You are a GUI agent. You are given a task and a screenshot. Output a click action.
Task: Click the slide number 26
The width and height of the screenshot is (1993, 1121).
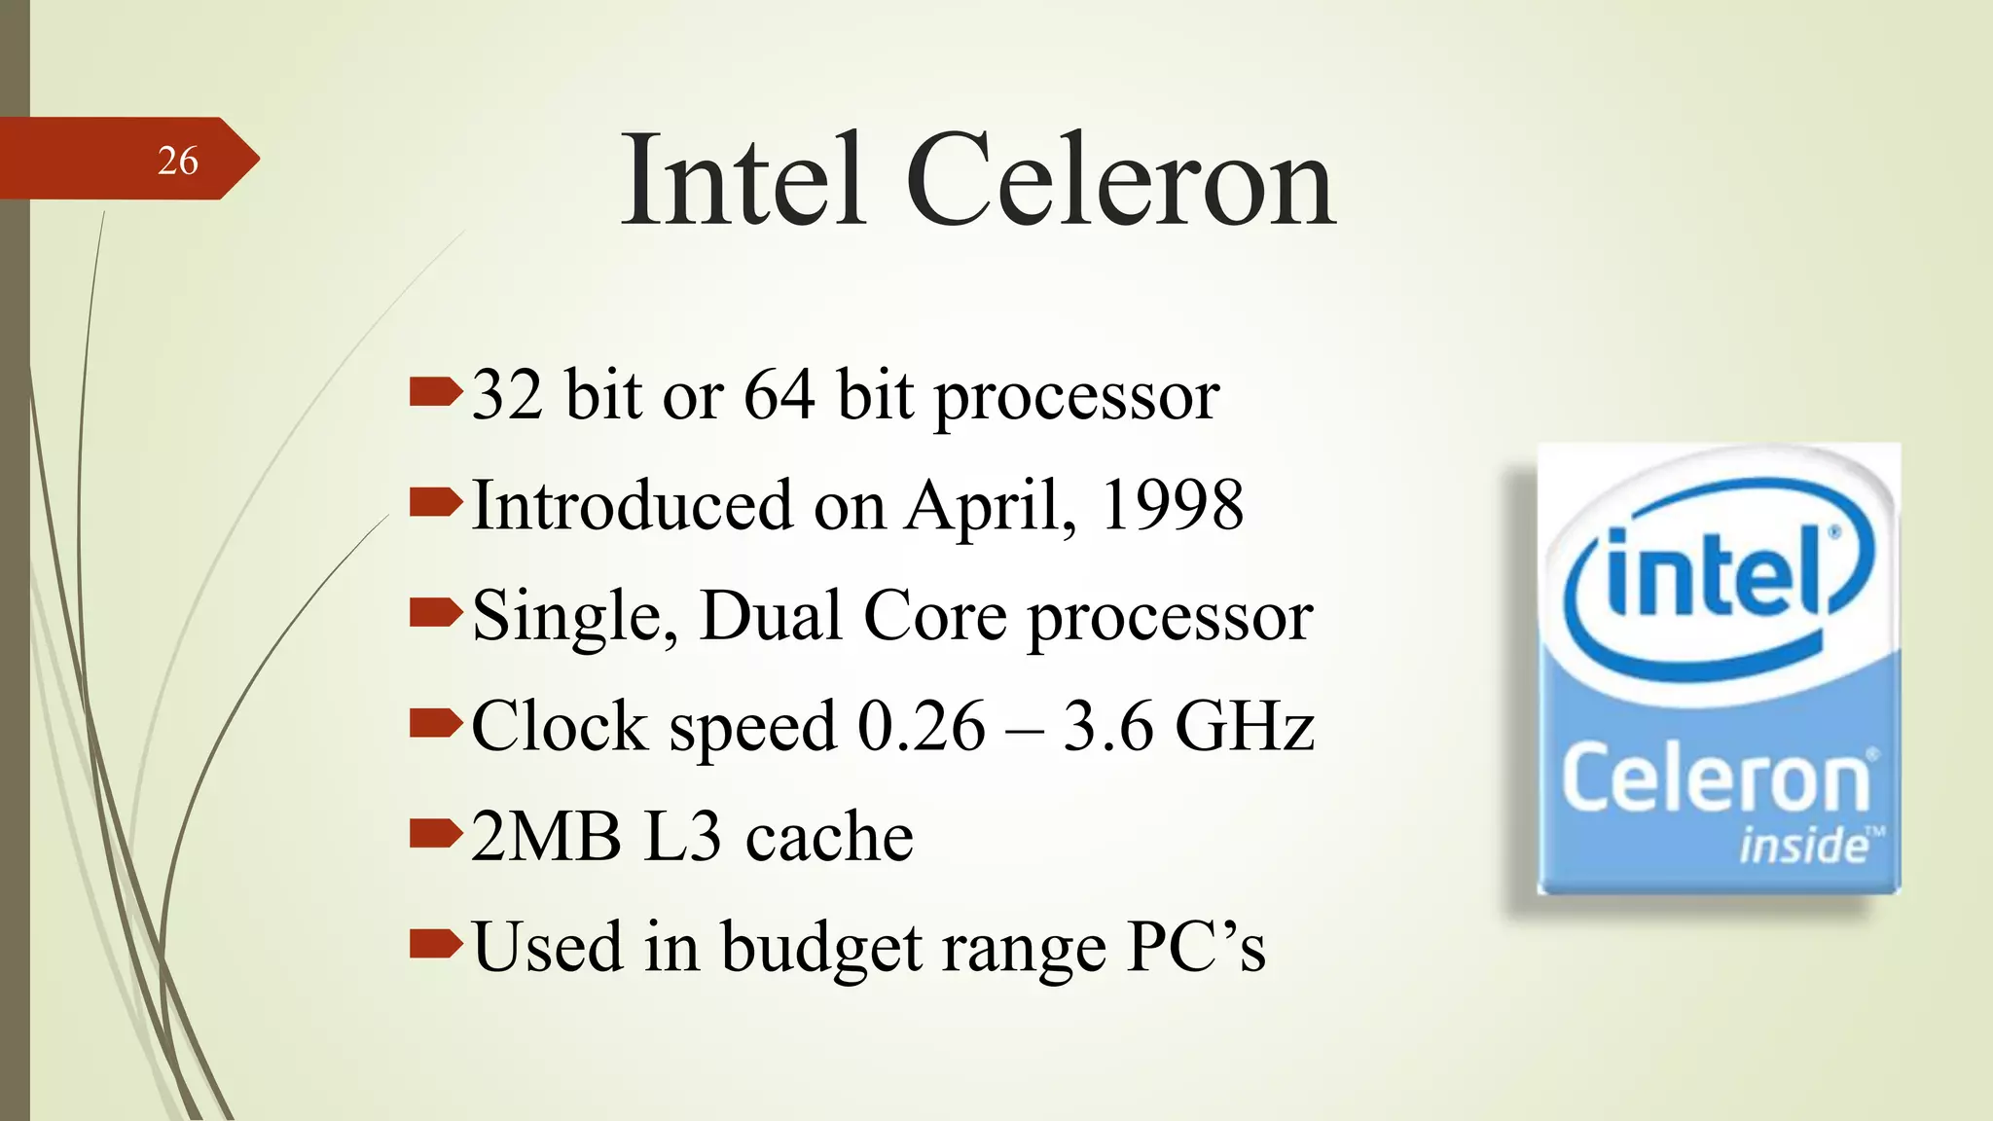pyautogui.click(x=177, y=161)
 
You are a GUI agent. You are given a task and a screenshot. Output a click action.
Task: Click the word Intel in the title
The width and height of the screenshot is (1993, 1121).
pyautogui.click(x=743, y=181)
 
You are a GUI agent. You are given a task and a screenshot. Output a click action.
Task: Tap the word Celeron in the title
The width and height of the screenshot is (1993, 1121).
pyautogui.click(x=1120, y=181)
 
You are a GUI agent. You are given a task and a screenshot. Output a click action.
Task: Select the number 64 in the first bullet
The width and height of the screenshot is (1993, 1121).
pyautogui.click(x=779, y=395)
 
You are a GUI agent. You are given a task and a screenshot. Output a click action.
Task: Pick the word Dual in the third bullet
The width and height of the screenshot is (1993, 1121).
pyautogui.click(x=771, y=616)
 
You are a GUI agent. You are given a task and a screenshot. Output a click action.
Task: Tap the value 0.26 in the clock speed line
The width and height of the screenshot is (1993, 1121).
pyautogui.click(x=921, y=726)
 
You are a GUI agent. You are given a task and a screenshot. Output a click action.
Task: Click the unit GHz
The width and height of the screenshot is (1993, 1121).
pyautogui.click(x=1245, y=726)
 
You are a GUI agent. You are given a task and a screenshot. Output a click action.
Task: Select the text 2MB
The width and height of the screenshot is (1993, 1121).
pyautogui.click(x=546, y=837)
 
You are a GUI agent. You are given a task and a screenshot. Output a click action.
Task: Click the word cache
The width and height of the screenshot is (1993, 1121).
pyautogui.click(x=828, y=838)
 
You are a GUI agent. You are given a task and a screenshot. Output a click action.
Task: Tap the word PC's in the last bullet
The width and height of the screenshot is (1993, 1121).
pyautogui.click(x=1196, y=947)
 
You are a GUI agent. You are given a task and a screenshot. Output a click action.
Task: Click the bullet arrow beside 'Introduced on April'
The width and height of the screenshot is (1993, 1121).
pyautogui.click(x=434, y=503)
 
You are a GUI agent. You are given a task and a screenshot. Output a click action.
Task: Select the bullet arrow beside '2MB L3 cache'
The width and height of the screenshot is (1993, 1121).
pyautogui.click(x=434, y=834)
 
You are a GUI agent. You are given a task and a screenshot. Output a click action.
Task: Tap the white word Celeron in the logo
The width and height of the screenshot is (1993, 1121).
pyautogui.click(x=1716, y=778)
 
